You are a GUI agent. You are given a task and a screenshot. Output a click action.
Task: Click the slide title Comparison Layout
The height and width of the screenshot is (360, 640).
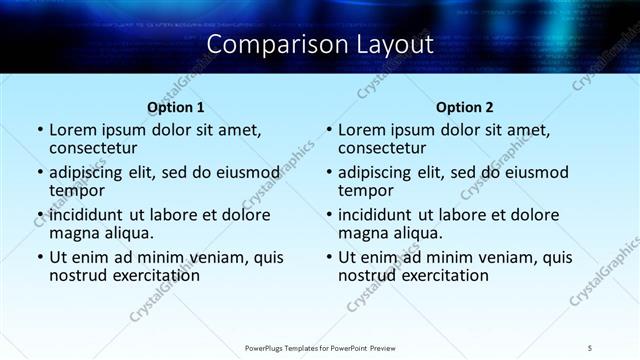pos(320,45)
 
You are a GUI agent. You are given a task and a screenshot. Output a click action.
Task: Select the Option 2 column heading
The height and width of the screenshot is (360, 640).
pos(464,107)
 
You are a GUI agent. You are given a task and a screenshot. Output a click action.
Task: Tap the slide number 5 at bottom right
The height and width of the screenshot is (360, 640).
pos(591,347)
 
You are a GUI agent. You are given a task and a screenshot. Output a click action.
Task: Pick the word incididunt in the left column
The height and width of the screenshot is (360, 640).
pos(87,215)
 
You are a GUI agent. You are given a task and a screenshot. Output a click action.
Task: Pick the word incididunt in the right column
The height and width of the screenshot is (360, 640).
pos(376,215)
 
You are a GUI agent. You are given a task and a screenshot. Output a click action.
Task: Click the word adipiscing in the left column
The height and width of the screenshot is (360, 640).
pos(90,172)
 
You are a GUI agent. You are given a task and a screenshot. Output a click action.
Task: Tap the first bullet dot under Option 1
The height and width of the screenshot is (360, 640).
pos(39,130)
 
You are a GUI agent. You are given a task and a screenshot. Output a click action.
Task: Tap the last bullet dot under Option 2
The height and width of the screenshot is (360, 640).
pos(328,257)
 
